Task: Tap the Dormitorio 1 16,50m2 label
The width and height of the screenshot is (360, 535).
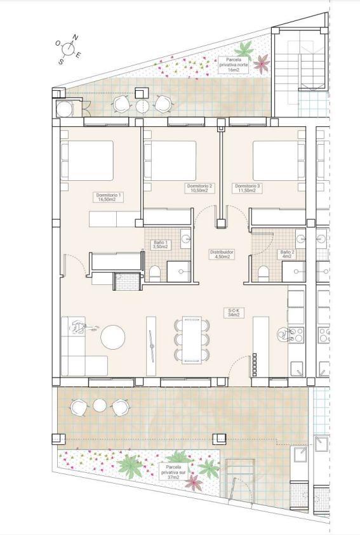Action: pyautogui.click(x=107, y=197)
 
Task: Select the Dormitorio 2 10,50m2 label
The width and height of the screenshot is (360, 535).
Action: pyautogui.click(x=199, y=188)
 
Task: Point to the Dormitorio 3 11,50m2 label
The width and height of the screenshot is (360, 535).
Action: pyautogui.click(x=248, y=188)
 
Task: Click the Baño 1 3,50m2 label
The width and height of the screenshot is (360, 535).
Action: pyautogui.click(x=161, y=244)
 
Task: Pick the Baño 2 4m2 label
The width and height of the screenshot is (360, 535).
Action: pyautogui.click(x=286, y=254)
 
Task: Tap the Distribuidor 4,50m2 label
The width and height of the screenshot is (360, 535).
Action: pyautogui.click(x=222, y=254)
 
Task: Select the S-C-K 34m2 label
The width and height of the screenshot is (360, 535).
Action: pyautogui.click(x=234, y=313)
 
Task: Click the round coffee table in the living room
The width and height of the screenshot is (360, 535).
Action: pyautogui.click(x=114, y=337)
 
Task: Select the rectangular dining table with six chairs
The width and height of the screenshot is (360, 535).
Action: pyautogui.click(x=192, y=340)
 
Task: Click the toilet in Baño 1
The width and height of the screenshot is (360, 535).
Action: pyautogui.click(x=154, y=274)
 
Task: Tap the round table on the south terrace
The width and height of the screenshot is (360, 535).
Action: pyautogui.click(x=99, y=406)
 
